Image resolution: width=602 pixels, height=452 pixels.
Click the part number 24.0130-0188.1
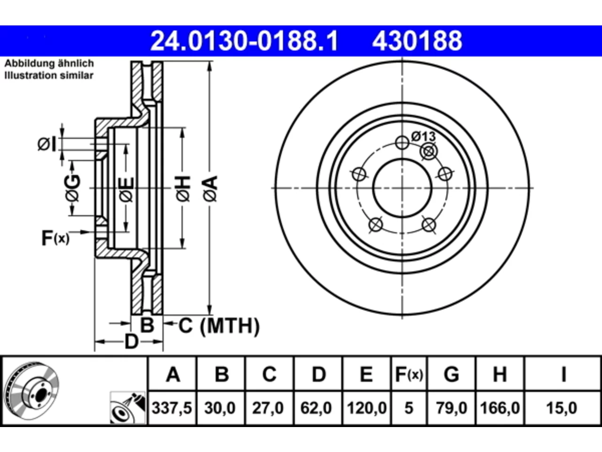[x=244, y=41]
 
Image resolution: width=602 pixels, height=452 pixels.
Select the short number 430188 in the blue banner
[x=417, y=41]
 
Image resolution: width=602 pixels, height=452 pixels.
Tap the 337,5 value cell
[x=172, y=408]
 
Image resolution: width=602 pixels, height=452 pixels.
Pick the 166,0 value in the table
[x=499, y=408]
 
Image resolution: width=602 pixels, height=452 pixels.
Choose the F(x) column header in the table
[x=409, y=374]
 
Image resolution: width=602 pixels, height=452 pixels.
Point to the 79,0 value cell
[x=451, y=408]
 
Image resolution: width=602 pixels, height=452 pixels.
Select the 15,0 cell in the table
[x=562, y=408]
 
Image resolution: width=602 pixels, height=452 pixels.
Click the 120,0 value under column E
[x=367, y=408]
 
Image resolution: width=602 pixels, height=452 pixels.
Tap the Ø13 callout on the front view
[x=423, y=137]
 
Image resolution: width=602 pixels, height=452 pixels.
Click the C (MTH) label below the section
[x=219, y=326]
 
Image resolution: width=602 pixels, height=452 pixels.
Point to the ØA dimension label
[x=211, y=188]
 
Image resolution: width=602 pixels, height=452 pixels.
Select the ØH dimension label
[x=183, y=188]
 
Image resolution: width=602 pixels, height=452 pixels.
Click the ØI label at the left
[x=47, y=145]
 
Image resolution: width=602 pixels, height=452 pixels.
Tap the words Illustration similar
[x=49, y=75]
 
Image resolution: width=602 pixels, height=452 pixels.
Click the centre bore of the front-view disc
[x=402, y=188]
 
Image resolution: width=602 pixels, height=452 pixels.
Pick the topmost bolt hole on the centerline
[x=402, y=143]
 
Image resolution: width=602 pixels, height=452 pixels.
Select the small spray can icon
[x=128, y=408]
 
